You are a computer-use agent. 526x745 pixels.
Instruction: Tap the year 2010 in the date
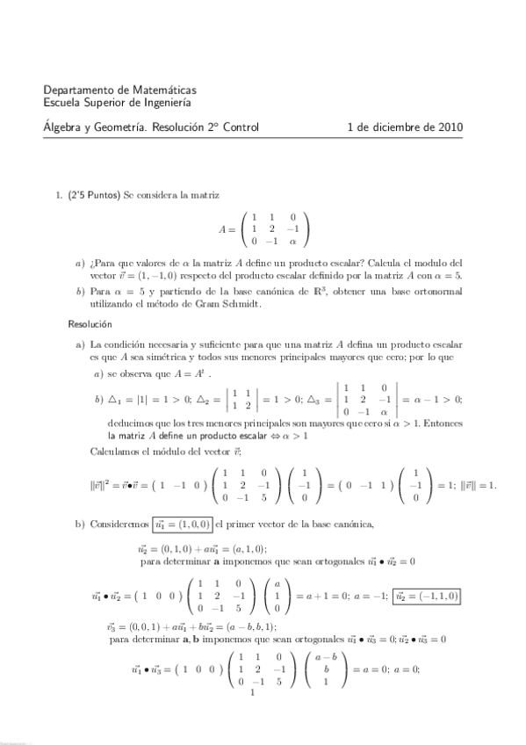click(x=449, y=127)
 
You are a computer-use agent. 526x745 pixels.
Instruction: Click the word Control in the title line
click(x=239, y=127)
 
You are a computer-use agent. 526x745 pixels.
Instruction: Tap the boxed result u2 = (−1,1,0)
click(x=427, y=596)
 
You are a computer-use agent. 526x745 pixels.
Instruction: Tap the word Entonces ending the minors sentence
click(x=443, y=423)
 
